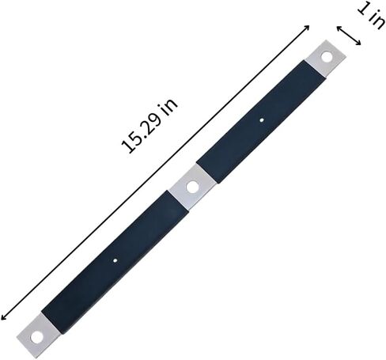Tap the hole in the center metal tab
pyautogui.click(x=191, y=187)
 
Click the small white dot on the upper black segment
pyautogui.click(x=262, y=120)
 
